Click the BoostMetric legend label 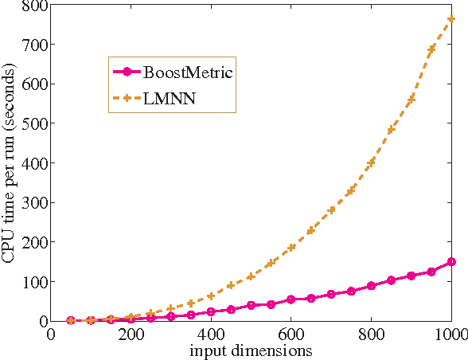[187, 72]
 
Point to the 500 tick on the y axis [37, 123]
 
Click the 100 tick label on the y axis [37, 282]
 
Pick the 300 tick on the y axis [37, 203]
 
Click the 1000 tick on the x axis [451, 335]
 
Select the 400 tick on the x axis [211, 335]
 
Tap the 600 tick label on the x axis [291, 335]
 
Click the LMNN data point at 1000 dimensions [451, 18]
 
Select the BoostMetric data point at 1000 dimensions [451, 261]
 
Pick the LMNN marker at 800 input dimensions [371, 163]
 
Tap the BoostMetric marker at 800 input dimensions [371, 286]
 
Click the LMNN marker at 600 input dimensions [291, 247]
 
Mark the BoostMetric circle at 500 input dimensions [251, 305]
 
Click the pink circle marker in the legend [127, 72]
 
